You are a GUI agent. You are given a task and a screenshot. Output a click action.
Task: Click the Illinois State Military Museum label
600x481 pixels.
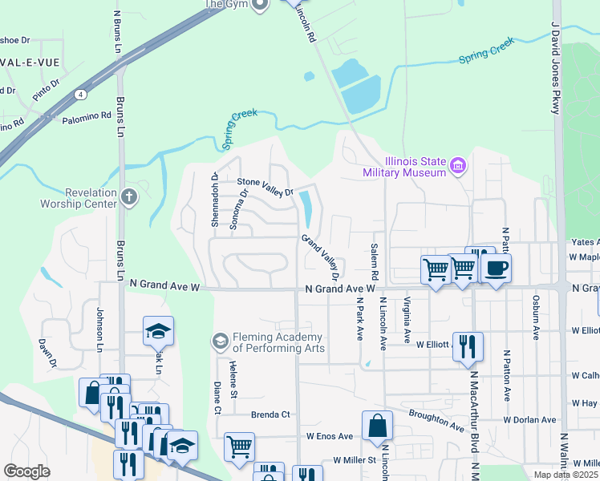(403, 167)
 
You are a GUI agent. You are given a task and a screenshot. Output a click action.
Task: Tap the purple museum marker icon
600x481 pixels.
(459, 167)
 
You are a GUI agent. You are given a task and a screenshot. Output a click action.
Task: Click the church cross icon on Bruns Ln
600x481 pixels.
(130, 197)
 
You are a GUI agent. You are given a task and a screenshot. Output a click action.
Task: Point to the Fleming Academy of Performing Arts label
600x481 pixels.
(278, 342)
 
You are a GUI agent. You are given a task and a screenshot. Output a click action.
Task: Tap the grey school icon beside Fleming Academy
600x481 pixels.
(219, 342)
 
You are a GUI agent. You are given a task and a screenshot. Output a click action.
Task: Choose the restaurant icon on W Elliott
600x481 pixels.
(468, 347)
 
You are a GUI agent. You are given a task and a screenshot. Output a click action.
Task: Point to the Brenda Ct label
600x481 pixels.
(270, 415)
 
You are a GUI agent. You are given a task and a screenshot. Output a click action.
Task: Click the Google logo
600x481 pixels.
(27, 471)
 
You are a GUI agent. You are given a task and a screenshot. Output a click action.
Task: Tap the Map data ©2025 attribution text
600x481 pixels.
(566, 475)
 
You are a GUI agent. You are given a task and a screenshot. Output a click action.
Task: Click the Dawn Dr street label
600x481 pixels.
(46, 352)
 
